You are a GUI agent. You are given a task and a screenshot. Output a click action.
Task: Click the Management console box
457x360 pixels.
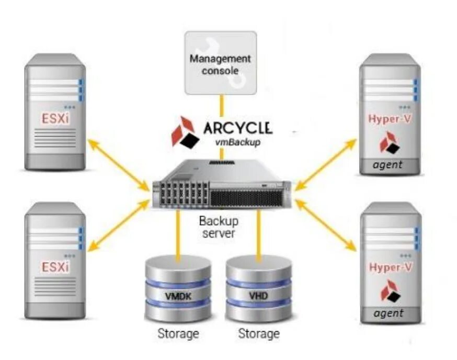click(x=220, y=63)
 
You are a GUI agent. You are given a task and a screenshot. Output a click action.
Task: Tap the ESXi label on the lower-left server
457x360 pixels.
click(x=55, y=267)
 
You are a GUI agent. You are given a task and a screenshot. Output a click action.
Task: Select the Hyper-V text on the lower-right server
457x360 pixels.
click(x=390, y=267)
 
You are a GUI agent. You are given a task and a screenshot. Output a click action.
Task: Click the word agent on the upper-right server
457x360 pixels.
click(x=387, y=165)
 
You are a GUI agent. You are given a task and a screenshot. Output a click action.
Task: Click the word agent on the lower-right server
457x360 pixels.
click(x=389, y=313)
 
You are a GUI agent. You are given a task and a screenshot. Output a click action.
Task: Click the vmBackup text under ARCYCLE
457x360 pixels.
click(x=237, y=142)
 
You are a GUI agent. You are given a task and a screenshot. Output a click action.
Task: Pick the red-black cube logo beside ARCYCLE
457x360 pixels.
click(x=186, y=132)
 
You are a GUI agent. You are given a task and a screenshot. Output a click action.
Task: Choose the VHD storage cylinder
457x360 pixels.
click(x=258, y=289)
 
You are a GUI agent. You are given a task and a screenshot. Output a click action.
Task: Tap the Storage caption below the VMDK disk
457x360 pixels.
click(x=178, y=333)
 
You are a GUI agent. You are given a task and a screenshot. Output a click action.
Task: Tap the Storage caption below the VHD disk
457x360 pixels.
click(x=258, y=333)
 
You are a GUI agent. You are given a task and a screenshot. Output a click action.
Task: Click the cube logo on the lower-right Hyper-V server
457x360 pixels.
click(x=390, y=290)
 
